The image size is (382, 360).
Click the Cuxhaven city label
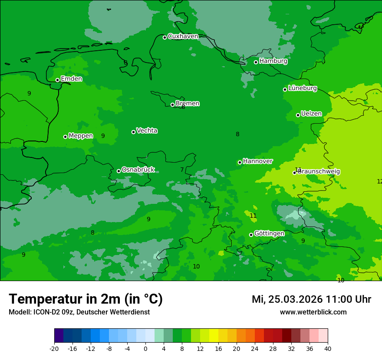(x=183, y=36)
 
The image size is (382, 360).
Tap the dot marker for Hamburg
(x=256, y=62)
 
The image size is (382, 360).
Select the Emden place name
(x=71, y=79)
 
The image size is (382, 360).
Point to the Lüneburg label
(x=303, y=88)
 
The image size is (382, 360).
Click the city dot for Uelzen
(x=298, y=115)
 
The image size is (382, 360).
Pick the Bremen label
(x=188, y=104)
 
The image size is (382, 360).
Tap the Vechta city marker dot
(x=133, y=132)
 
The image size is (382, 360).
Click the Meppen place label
(x=81, y=136)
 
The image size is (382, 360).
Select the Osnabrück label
(x=138, y=170)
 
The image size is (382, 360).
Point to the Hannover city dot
(x=240, y=162)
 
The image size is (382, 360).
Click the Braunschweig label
(x=319, y=172)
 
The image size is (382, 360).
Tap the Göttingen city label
(x=269, y=234)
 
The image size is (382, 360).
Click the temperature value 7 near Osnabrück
(x=182, y=170)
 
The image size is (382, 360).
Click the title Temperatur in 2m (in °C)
(x=86, y=299)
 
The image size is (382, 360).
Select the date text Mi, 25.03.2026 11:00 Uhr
(x=311, y=299)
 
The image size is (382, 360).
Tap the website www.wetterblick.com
(x=313, y=312)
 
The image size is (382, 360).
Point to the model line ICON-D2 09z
(x=79, y=312)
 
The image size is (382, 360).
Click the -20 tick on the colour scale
(x=54, y=349)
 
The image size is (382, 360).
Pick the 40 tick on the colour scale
(x=328, y=349)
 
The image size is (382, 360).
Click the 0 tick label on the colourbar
(x=145, y=349)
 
